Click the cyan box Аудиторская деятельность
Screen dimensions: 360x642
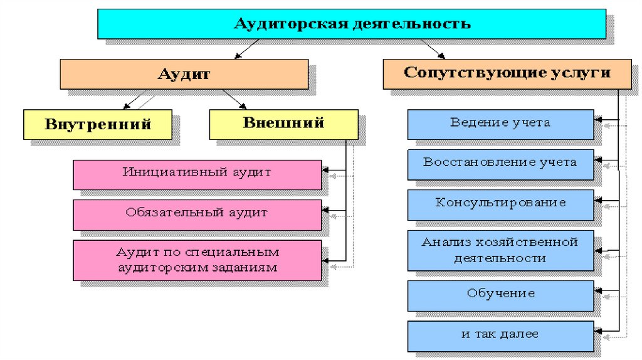[351, 24]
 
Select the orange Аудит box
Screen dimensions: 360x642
[184, 73]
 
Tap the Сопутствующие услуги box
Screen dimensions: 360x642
[507, 73]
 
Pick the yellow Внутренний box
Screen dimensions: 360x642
[97, 124]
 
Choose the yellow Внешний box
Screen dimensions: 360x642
[283, 124]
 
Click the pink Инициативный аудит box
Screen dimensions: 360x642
[197, 174]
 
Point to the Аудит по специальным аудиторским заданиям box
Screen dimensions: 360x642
[197, 260]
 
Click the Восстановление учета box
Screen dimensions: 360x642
[500, 164]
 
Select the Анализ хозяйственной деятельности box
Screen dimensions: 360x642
[500, 250]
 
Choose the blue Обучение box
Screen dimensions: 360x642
[500, 295]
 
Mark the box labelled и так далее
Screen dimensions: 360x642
[500, 336]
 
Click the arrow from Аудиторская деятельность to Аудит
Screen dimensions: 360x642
[246, 48]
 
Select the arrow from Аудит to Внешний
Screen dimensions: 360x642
[234, 99]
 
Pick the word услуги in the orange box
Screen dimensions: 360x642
[581, 73]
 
